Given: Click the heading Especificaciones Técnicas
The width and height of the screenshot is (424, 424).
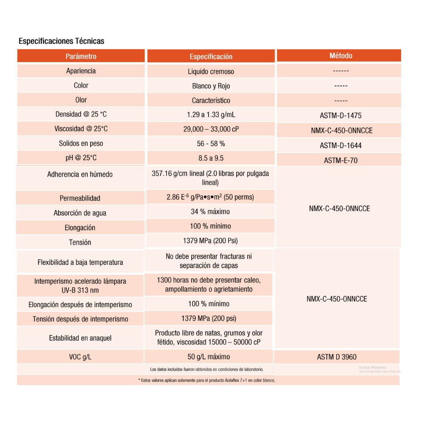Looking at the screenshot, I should click(x=61, y=41).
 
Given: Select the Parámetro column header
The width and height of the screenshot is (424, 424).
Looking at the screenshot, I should click(x=81, y=56).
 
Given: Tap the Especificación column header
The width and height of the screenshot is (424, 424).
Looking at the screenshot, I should click(x=211, y=56).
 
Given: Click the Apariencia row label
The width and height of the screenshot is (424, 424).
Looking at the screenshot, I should click(x=81, y=71).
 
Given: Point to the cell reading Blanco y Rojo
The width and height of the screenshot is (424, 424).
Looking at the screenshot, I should click(x=211, y=86).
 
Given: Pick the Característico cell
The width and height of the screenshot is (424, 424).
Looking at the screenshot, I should click(x=211, y=100).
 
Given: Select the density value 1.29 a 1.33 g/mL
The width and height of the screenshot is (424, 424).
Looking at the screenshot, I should click(x=211, y=114).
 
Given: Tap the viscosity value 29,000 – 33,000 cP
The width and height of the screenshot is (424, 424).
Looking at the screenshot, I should click(x=211, y=129).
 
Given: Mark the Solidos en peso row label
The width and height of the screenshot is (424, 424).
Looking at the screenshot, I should click(x=81, y=143).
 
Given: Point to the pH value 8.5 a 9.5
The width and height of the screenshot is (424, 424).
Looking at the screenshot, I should click(x=211, y=158).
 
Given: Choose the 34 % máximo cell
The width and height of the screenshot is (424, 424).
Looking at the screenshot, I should click(x=211, y=212).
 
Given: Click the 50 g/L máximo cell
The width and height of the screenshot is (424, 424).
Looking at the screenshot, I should click(x=209, y=357).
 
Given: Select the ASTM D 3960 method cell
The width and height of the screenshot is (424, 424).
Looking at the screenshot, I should click(x=337, y=357).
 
